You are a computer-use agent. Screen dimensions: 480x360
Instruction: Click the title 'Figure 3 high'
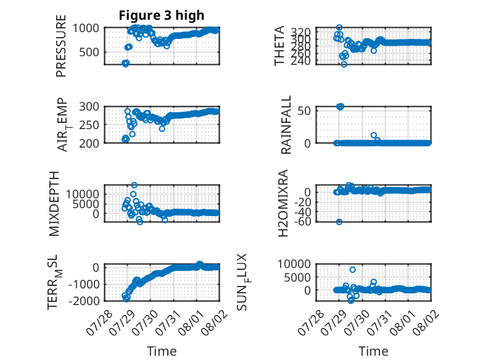click(161, 15)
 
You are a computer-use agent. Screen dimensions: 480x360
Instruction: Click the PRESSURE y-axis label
click(61, 46)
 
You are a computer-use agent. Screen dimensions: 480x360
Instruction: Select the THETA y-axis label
click(279, 46)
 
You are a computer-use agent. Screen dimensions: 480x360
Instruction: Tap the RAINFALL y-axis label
click(286, 125)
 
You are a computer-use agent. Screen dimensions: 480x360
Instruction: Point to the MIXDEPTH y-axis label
click(54, 204)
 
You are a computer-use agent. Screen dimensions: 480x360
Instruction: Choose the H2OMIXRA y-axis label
click(283, 203)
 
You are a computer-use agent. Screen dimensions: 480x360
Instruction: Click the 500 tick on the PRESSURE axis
click(89, 52)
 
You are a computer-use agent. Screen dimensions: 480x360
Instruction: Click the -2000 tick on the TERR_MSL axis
click(84, 301)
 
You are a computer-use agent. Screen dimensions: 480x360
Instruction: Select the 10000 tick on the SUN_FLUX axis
click(294, 264)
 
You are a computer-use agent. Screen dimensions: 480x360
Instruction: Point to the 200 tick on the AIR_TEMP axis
click(89, 143)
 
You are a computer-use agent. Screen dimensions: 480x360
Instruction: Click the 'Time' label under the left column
click(162, 351)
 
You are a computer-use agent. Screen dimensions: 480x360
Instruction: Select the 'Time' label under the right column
click(373, 351)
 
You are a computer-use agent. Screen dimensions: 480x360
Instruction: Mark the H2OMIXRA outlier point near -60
click(339, 222)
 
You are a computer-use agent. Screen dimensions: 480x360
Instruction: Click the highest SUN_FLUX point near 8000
click(353, 270)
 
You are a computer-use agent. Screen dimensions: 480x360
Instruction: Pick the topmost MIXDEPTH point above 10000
click(134, 185)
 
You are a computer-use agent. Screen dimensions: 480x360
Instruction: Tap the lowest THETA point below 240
click(344, 64)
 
